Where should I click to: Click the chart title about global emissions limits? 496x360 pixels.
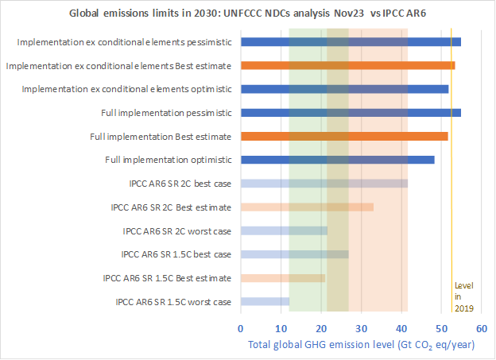[248, 14]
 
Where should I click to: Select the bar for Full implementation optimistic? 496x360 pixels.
[337, 160]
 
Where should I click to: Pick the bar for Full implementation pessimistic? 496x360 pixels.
[350, 113]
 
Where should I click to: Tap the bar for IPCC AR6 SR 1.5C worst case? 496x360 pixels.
[265, 302]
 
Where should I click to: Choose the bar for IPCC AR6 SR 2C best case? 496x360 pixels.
[324, 184]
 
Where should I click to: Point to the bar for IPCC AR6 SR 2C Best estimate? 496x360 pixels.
[306, 207]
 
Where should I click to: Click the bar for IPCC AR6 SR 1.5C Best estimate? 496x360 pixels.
[282, 278]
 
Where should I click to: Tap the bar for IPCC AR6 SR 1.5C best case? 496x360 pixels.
[294, 254]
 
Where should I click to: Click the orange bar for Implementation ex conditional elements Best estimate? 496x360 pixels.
[347, 65]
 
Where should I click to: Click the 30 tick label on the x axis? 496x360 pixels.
[361, 327]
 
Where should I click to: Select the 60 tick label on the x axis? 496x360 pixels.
[482, 327]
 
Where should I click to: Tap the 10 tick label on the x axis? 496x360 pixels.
[281, 327]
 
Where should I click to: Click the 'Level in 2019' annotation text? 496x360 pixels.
[463, 296]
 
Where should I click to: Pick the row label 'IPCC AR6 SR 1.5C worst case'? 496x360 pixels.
[173, 302]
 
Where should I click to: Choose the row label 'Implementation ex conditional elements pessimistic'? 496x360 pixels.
[124, 41]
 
